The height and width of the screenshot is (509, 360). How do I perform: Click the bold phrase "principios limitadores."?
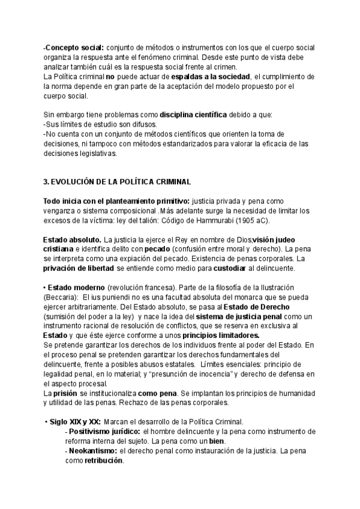point(214,336)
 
